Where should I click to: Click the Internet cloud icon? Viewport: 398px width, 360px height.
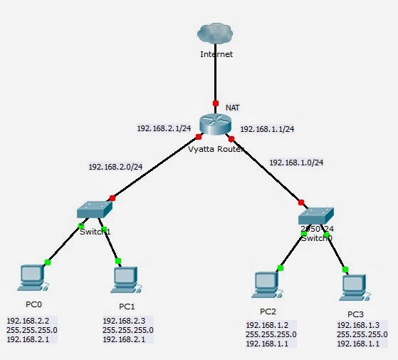point(216,33)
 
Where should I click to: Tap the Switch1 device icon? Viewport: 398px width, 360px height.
point(94,211)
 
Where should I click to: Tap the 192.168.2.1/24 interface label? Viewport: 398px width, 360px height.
point(164,128)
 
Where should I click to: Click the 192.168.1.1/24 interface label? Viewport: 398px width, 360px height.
point(268,129)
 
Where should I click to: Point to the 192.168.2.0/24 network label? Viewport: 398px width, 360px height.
point(115,167)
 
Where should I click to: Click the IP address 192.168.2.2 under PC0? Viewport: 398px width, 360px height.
point(28,322)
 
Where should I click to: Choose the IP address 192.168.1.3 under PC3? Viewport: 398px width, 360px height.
point(358,325)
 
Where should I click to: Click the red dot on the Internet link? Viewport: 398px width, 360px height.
point(215,103)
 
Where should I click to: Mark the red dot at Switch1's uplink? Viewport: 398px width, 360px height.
point(112,197)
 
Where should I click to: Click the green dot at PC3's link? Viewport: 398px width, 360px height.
point(345,269)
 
